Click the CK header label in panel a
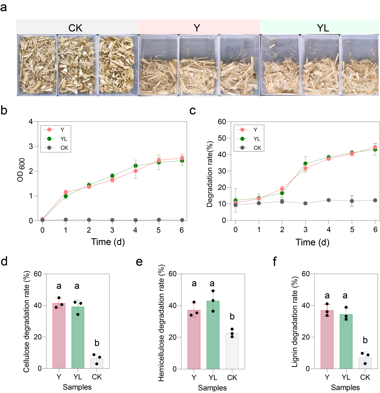(75, 28)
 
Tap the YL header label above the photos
(323, 28)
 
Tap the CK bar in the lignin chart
(365, 363)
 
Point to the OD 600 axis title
(21, 170)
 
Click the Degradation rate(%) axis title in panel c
(210, 174)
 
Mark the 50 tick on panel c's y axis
(222, 138)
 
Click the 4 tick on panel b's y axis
(31, 122)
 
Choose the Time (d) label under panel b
(108, 242)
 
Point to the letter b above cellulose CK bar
(97, 343)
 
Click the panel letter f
(274, 262)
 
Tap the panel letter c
(193, 111)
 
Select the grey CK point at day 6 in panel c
(375, 200)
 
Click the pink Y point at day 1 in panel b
(66, 192)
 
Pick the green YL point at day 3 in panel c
(305, 164)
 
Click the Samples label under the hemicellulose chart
(212, 388)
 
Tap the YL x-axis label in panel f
(346, 377)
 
